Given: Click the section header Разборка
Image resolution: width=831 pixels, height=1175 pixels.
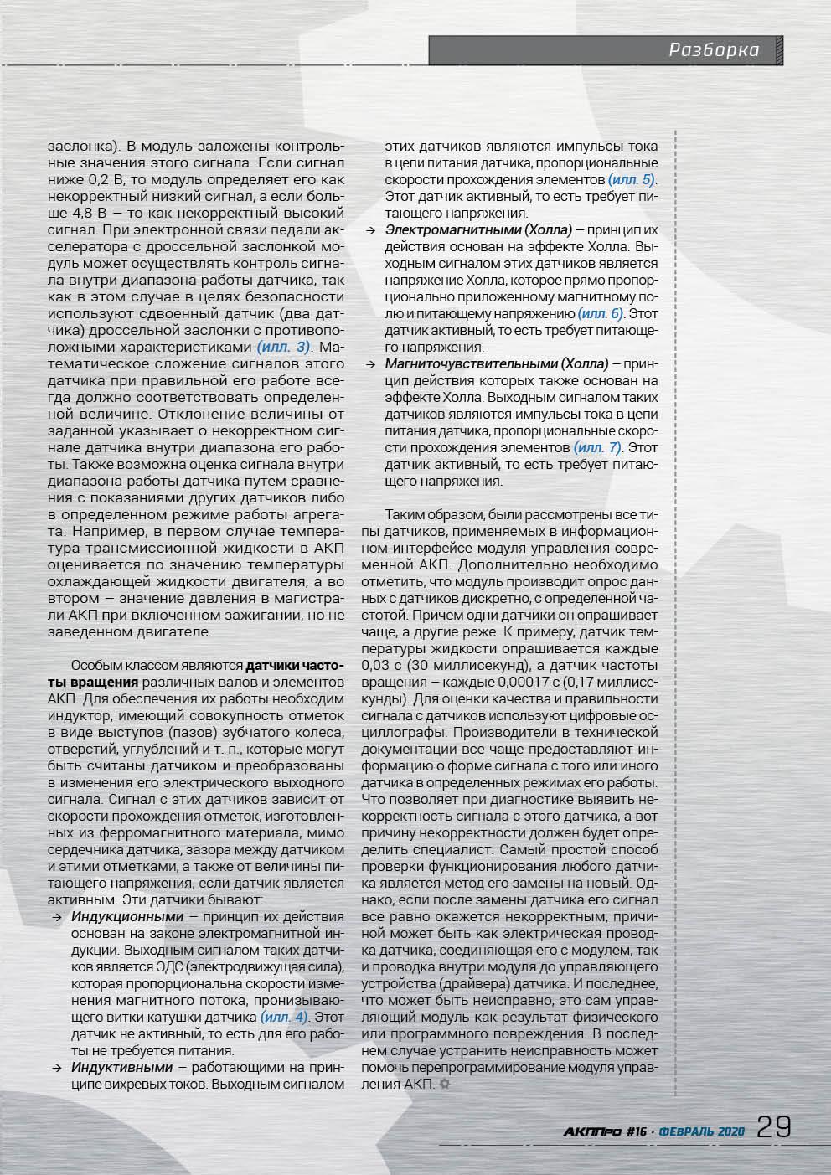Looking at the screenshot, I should pyautogui.click(x=714, y=50).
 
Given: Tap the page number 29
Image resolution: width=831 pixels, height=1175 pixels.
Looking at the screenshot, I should pyautogui.click(x=773, y=1127).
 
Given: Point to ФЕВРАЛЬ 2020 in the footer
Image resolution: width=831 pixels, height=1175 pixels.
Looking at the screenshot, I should pyautogui.click(x=702, y=1131).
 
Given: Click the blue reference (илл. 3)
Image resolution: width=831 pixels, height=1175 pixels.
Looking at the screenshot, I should pyautogui.click(x=284, y=347).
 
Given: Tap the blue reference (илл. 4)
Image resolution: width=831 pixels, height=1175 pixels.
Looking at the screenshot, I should pyautogui.click(x=284, y=1017).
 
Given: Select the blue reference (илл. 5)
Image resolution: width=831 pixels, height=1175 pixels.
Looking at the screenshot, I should pyautogui.click(x=632, y=180).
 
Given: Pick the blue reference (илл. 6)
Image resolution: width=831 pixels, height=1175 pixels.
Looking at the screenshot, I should pyautogui.click(x=601, y=313).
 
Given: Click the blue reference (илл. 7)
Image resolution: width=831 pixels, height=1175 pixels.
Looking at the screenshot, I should pyautogui.click(x=598, y=447).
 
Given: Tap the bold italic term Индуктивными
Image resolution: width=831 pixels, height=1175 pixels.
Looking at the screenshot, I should pyautogui.click(x=122, y=1067).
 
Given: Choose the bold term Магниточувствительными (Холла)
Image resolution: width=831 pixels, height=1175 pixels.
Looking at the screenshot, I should pyautogui.click(x=497, y=363).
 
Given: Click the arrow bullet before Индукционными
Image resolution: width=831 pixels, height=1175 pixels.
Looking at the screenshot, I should pyautogui.click(x=56, y=918).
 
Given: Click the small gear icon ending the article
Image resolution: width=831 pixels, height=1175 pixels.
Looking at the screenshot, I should pyautogui.click(x=444, y=1085).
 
